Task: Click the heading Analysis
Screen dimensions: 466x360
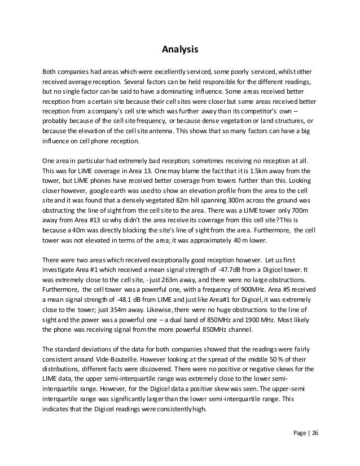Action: click(180, 50)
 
